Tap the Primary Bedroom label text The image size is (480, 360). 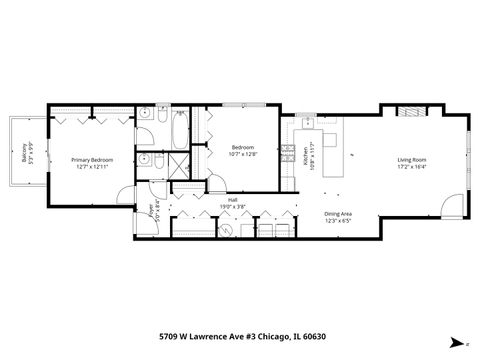pyautogui.click(x=90, y=160)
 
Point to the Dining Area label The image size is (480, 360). pyautogui.click(x=338, y=213)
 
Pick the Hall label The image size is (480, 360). pyautogui.click(x=232, y=199)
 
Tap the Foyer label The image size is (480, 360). pyautogui.click(x=153, y=211)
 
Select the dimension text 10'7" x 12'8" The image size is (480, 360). pyautogui.click(x=243, y=154)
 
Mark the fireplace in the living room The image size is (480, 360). pyautogui.click(x=409, y=110)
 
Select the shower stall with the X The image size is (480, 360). pyautogui.click(x=181, y=165)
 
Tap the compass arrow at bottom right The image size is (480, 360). pyautogui.click(x=456, y=340)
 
